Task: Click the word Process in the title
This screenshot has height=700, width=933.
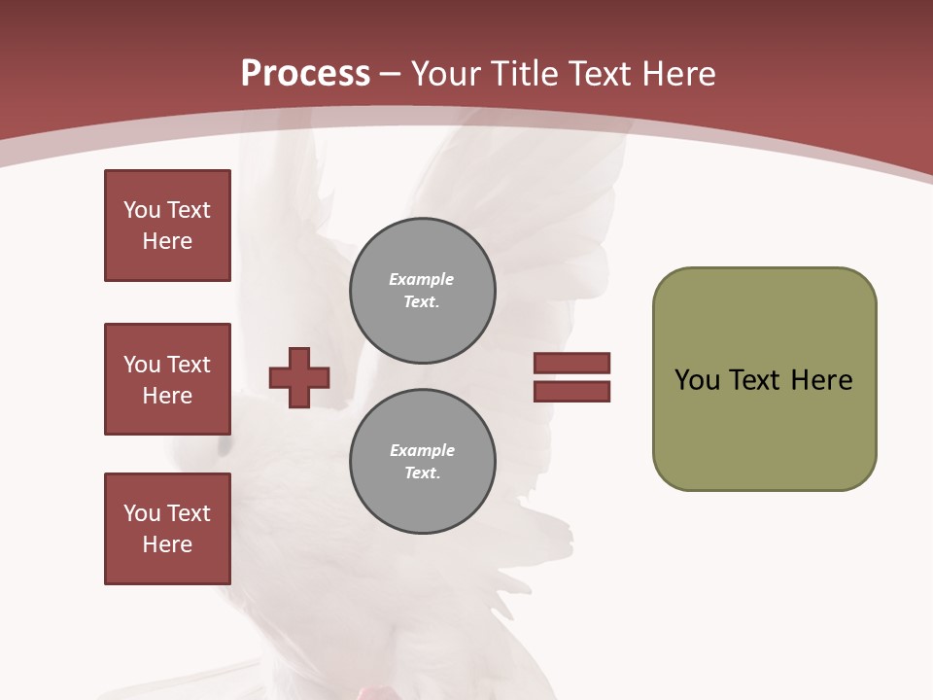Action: pyautogui.click(x=305, y=74)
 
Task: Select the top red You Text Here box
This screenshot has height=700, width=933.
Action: pyautogui.click(x=167, y=226)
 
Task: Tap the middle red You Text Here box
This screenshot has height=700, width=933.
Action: pyautogui.click(x=167, y=379)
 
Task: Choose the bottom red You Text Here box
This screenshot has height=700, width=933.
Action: pyautogui.click(x=167, y=529)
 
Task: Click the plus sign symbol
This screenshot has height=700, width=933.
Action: pyautogui.click(x=299, y=377)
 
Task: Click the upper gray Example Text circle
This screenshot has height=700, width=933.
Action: pyautogui.click(x=422, y=290)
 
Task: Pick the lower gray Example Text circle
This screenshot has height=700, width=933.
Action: pyautogui.click(x=422, y=461)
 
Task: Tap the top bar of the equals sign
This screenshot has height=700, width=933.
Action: pyautogui.click(x=571, y=363)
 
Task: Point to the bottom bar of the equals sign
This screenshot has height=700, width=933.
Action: pyautogui.click(x=571, y=391)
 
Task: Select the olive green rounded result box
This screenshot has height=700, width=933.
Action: pyautogui.click(x=764, y=379)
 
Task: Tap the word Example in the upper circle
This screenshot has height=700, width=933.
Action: pyautogui.click(x=421, y=279)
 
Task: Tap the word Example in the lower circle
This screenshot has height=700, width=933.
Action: pyautogui.click(x=422, y=450)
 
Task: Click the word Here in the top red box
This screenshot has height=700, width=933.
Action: pyautogui.click(x=167, y=241)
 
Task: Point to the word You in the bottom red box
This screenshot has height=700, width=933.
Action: pyautogui.click(x=141, y=513)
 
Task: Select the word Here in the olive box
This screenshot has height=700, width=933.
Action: pyautogui.click(x=821, y=380)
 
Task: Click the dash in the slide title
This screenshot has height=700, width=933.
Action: pyautogui.click(x=391, y=74)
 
